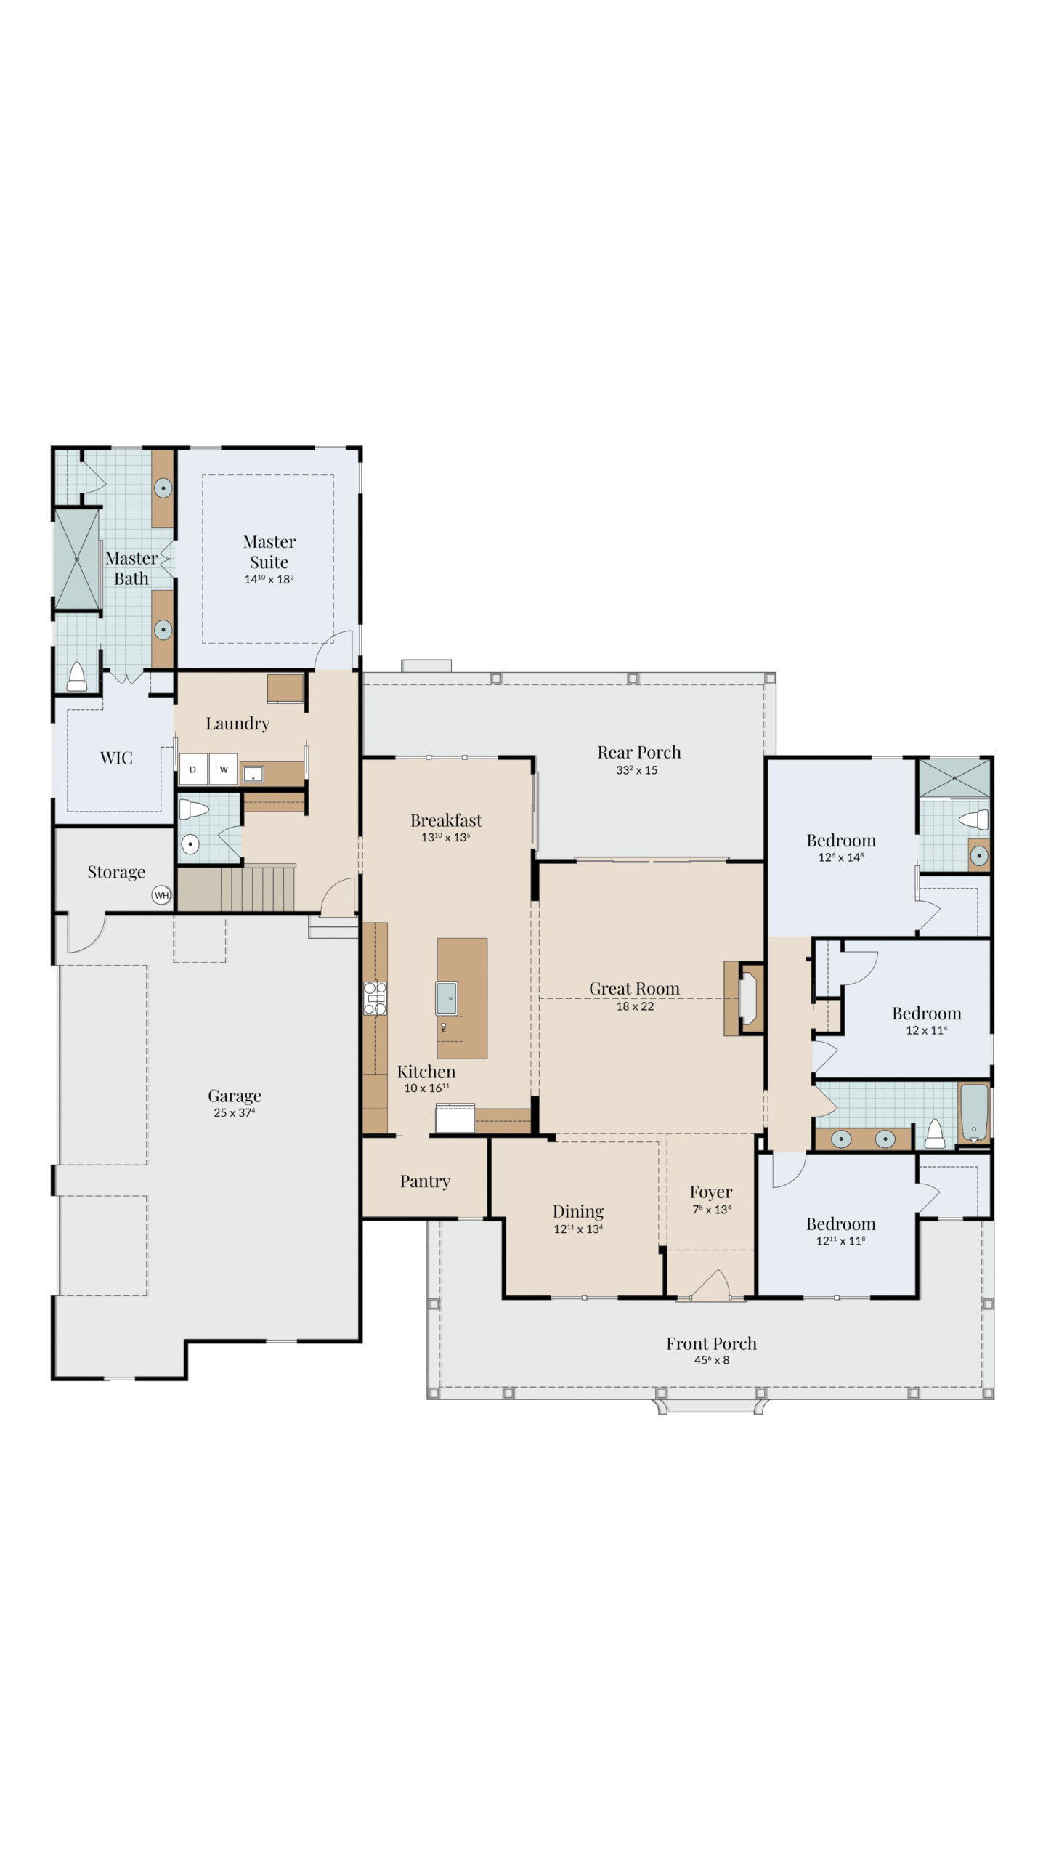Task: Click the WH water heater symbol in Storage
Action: tap(161, 895)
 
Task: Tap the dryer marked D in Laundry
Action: tap(193, 769)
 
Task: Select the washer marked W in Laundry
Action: tap(224, 769)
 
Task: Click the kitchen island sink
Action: tap(447, 998)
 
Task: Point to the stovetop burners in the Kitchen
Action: tap(375, 998)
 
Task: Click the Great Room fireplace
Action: tap(744, 998)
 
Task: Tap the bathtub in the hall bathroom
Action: tap(973, 1112)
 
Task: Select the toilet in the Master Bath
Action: tap(77, 676)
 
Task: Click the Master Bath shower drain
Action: tap(76, 558)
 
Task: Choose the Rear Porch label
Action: tap(639, 752)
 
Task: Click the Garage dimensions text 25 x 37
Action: tap(234, 1113)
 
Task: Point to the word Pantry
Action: tap(425, 1181)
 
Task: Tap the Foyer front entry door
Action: tap(711, 1285)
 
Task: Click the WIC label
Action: tap(116, 758)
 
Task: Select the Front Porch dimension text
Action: tap(712, 1360)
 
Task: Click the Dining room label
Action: tap(578, 1211)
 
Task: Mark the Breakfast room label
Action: tap(446, 820)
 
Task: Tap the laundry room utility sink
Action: tap(253, 774)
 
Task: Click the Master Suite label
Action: tap(269, 551)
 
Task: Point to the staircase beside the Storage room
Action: tap(237, 889)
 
